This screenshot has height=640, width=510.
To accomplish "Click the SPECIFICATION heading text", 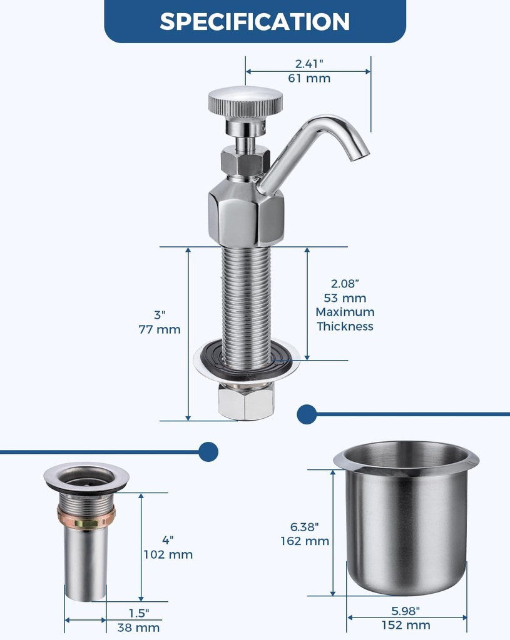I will point(255,21).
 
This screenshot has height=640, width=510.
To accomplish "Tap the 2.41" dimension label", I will point(309,63).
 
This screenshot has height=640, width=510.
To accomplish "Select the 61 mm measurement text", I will point(309,79).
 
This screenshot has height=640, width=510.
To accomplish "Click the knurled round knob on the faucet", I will point(245,101).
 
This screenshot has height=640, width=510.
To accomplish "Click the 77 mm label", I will point(160,329).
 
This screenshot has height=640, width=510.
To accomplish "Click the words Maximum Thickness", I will point(345,319).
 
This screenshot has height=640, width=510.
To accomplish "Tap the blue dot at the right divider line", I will point(307,414).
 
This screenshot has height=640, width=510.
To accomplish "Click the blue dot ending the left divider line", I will point(208,451).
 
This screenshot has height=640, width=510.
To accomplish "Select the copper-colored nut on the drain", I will point(86,517).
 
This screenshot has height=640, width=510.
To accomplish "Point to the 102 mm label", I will point(168,554).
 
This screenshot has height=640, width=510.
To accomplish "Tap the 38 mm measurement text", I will point(138,627).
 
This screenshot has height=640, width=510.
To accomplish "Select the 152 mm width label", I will point(406,625).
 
